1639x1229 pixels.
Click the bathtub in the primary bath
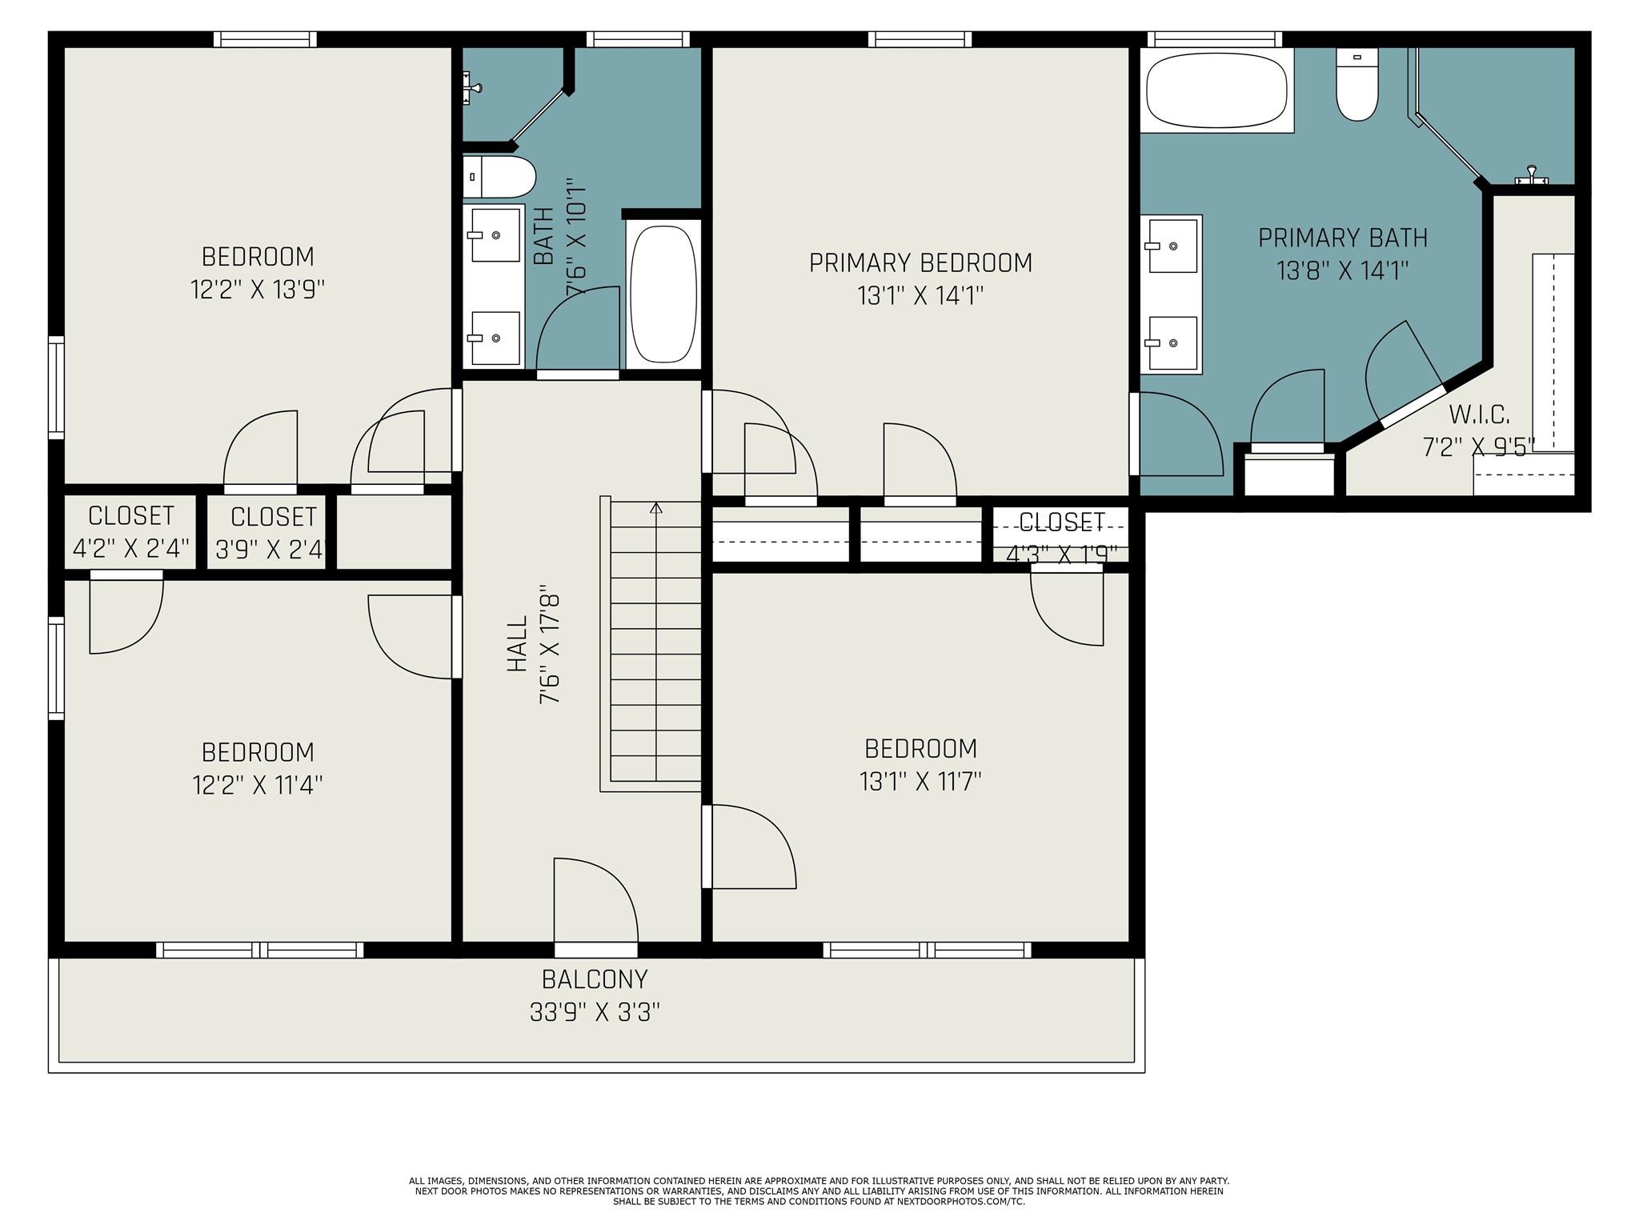tap(1216, 90)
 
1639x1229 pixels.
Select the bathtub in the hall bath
tap(662, 294)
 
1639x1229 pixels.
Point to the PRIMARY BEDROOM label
tap(920, 263)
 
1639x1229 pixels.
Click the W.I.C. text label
tap(1479, 415)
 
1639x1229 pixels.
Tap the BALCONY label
tap(595, 979)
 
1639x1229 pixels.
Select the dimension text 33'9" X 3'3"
tap(595, 1013)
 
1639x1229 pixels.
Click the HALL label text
tap(518, 643)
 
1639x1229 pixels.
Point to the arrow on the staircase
tap(656, 508)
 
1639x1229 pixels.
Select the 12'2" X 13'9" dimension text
tap(258, 290)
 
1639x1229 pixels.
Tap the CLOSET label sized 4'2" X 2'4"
tap(131, 514)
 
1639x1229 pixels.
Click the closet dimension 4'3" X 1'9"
tap(1061, 554)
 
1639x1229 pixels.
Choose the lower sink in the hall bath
tap(495, 338)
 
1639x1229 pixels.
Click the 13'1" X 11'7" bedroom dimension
tap(920, 782)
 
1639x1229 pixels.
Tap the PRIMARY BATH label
tap(1342, 238)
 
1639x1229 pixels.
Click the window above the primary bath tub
tap(1214, 39)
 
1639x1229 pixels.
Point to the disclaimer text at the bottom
tap(819, 1191)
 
